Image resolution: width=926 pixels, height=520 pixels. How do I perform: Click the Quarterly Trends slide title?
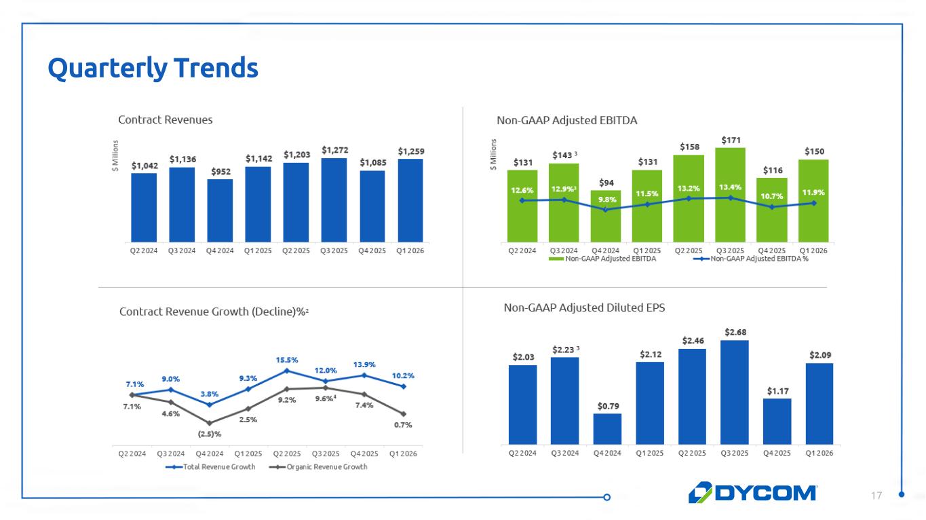point(153,68)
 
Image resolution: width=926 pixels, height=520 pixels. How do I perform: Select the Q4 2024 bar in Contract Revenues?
point(220,210)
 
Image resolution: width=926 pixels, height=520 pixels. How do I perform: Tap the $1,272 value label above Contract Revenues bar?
point(334,149)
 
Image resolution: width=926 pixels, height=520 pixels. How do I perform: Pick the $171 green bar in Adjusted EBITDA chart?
point(730,193)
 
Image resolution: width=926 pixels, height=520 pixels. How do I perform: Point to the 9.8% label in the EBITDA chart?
point(607,199)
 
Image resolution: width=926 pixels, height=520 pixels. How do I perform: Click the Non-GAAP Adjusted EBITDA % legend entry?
point(752,259)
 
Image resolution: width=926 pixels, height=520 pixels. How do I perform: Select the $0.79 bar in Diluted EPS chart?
point(607,428)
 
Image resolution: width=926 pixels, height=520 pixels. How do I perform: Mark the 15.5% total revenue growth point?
point(287,371)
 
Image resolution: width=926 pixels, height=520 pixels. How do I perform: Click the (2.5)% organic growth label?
point(210,434)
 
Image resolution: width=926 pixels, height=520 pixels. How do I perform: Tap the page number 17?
point(877,496)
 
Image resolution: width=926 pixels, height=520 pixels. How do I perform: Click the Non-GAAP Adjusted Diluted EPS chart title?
point(584,308)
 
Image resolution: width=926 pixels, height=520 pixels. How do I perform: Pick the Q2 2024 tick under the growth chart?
point(132,453)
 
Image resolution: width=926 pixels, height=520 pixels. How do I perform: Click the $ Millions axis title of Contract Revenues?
point(116,155)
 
